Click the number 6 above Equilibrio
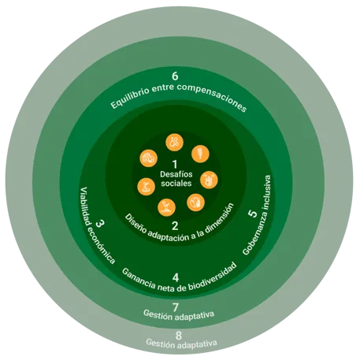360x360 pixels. pyautogui.click(x=175, y=76)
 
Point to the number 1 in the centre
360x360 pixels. pyautogui.click(x=175, y=165)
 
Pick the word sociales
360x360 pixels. pyautogui.click(x=176, y=184)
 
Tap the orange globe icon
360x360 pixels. pyautogui.click(x=195, y=202)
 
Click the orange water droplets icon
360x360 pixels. pyautogui.click(x=174, y=143)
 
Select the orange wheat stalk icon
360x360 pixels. pyautogui.click(x=200, y=154)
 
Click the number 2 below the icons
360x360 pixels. pyautogui.click(x=175, y=226)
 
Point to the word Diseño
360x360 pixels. pyautogui.click(x=135, y=224)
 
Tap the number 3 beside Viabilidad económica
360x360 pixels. pyautogui.click(x=100, y=224)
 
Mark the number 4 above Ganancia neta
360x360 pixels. pyautogui.click(x=176, y=277)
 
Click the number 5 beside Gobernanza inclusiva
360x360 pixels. pyautogui.click(x=253, y=213)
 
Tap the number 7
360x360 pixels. pyautogui.click(x=176, y=307)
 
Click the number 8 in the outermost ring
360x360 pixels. pyautogui.click(x=179, y=336)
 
